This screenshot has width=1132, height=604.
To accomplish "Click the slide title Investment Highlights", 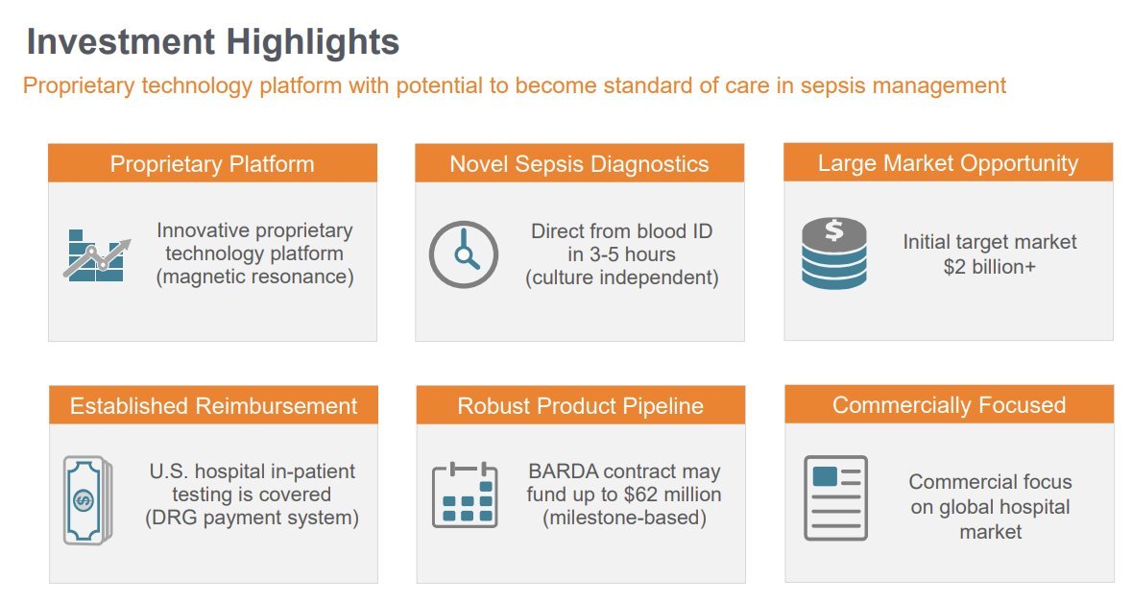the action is point(213,42).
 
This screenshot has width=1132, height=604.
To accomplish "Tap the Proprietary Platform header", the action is point(212,164).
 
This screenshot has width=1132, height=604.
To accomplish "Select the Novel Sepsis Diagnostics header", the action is point(579,164).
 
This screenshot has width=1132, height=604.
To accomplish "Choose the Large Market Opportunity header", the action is point(948,163).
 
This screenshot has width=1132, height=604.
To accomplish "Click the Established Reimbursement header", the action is point(213,405).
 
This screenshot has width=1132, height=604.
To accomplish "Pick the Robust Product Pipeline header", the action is point(581,405).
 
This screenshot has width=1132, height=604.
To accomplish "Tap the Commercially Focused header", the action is point(950,405).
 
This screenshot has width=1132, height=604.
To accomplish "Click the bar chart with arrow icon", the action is point(97,255).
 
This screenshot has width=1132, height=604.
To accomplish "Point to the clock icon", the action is point(464,254).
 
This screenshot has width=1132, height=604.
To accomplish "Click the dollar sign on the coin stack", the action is point(833,230).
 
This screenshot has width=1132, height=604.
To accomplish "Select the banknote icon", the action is point(88,500).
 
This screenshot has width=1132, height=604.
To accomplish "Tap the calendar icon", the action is point(465,495).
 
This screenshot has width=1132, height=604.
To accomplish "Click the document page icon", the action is point(835,498).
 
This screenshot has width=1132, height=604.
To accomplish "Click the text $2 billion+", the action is point(989,267).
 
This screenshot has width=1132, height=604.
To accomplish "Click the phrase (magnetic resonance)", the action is point(254,278).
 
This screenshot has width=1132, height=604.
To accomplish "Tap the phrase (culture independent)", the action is point(621,278).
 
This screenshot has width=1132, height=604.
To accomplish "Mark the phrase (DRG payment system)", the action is point(252,519).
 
